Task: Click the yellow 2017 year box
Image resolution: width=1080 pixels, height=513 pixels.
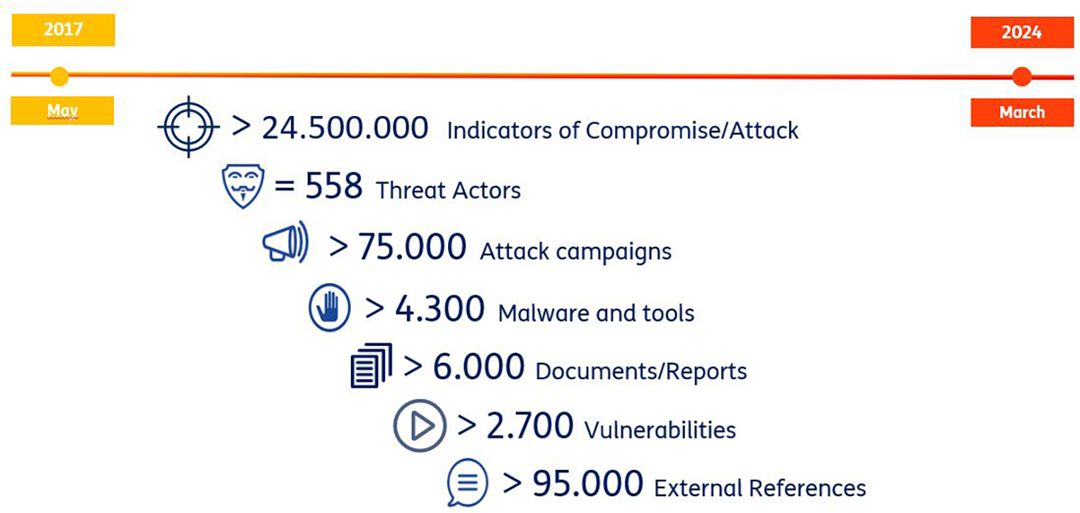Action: click(63, 30)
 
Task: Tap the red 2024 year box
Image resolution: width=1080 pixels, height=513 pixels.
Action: click(1022, 33)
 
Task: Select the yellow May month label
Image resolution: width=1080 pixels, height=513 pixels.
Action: click(62, 110)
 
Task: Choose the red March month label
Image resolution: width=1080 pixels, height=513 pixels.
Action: click(1022, 113)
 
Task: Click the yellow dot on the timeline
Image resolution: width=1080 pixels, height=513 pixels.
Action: click(59, 76)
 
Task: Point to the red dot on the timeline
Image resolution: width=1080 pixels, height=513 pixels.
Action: click(1022, 76)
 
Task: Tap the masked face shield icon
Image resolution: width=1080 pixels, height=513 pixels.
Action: click(243, 186)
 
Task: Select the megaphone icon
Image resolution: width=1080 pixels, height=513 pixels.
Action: click(285, 241)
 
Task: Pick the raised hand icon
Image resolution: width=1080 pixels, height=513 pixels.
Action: click(329, 307)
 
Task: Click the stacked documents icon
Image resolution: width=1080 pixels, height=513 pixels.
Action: click(372, 365)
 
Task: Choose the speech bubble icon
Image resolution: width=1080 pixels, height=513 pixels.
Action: click(467, 482)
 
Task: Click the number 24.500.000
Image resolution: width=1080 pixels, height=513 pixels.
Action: click(345, 128)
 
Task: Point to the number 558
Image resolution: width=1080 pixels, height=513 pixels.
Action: click(333, 185)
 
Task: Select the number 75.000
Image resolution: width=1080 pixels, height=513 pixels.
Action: click(412, 247)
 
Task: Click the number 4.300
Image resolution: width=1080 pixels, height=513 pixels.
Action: click(440, 309)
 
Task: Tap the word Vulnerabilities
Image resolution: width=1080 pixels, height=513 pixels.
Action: click(660, 430)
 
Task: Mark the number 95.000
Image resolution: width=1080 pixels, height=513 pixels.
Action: click(587, 483)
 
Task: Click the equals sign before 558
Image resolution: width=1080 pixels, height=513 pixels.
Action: click(285, 185)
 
